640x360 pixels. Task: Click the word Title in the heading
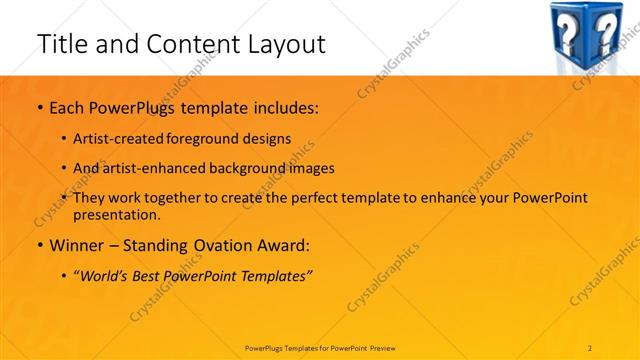(x=59, y=44)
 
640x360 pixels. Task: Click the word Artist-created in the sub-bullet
(x=119, y=138)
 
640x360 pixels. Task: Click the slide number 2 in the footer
(x=590, y=347)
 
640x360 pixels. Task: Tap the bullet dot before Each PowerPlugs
(x=39, y=106)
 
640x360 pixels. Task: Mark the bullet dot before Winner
(x=39, y=244)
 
